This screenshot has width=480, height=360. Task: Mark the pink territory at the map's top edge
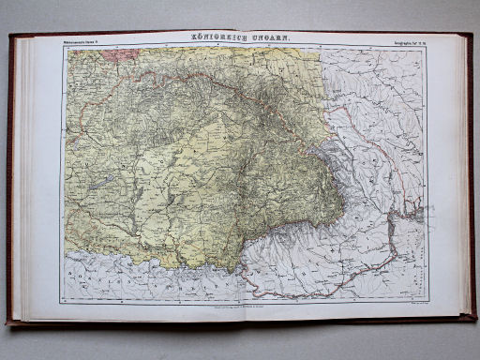[122, 53]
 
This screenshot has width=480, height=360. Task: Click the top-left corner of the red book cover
[8, 35]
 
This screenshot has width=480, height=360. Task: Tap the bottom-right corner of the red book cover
[473, 322]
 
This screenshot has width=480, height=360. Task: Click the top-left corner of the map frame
[64, 47]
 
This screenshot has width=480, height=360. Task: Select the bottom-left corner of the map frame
[64, 299]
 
